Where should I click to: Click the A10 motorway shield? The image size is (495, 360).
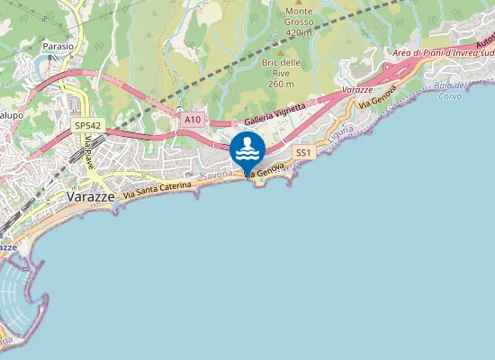(x=191, y=119)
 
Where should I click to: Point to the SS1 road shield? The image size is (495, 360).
(x=303, y=153)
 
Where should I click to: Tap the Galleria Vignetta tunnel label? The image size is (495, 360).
(x=275, y=114)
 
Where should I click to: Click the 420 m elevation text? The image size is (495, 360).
(x=298, y=33)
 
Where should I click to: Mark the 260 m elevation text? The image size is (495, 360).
(x=281, y=83)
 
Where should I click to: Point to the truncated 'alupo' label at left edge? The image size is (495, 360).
(x=11, y=114)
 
